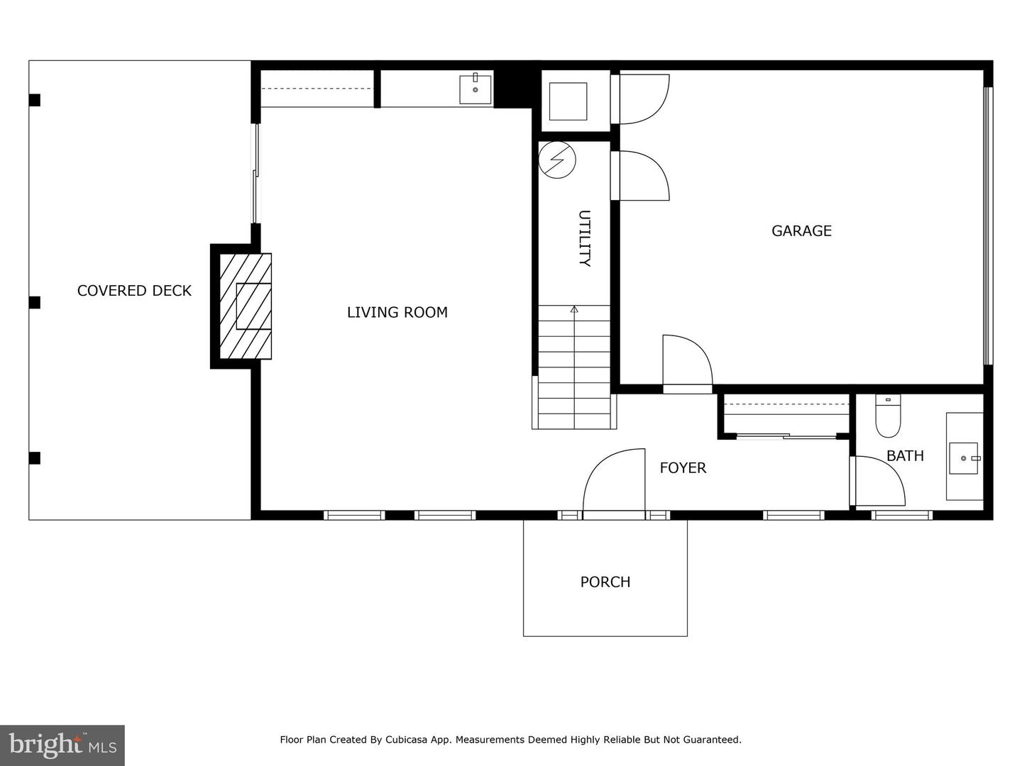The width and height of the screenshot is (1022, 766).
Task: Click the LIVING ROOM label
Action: click(x=397, y=312)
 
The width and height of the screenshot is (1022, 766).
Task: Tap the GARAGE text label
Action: click(x=801, y=231)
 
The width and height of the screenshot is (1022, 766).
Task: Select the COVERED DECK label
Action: click(x=134, y=291)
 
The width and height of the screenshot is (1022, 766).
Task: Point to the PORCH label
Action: click(x=605, y=582)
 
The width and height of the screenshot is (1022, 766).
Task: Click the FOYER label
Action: click(x=683, y=468)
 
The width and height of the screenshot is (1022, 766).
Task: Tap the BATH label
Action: click(x=905, y=456)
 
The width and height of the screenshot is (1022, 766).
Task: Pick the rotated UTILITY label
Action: click(x=584, y=238)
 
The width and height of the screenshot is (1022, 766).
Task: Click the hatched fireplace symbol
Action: click(x=246, y=306)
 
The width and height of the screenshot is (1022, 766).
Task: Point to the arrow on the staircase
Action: click(x=574, y=310)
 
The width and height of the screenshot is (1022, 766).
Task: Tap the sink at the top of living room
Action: click(x=475, y=89)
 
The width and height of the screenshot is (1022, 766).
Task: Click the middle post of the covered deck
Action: click(x=35, y=303)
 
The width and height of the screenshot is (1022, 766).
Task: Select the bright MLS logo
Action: click(x=62, y=745)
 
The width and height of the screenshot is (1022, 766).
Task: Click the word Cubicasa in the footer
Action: click(x=407, y=740)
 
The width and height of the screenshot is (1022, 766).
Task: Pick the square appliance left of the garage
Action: click(x=568, y=101)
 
